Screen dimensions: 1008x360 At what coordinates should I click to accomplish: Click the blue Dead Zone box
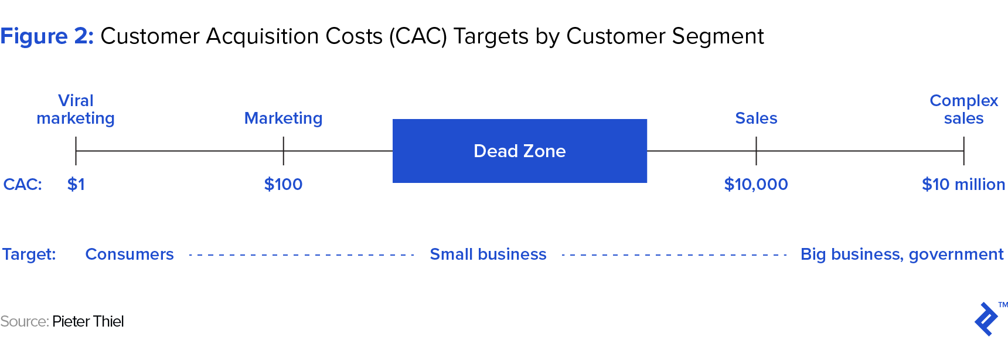click(x=519, y=151)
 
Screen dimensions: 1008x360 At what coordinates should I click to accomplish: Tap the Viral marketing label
click(x=76, y=110)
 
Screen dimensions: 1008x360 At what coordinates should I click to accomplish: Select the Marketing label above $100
click(x=283, y=118)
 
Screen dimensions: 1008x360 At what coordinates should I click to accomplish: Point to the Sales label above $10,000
click(x=756, y=118)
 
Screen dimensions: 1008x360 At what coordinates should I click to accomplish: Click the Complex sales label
click(x=963, y=110)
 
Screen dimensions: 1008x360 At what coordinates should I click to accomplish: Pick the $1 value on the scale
click(x=76, y=184)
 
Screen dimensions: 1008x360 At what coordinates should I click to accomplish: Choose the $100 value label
click(x=283, y=184)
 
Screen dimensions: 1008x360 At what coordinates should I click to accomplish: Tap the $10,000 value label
click(x=756, y=184)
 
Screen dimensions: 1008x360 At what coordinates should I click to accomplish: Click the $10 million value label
click(x=963, y=184)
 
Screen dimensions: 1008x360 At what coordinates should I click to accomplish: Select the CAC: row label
click(x=23, y=184)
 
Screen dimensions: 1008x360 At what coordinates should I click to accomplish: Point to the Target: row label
click(x=29, y=254)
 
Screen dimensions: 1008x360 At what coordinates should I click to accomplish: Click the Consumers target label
click(x=130, y=254)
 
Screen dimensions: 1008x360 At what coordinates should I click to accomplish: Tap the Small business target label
click(x=488, y=254)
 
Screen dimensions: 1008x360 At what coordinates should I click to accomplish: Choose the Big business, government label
click(x=902, y=254)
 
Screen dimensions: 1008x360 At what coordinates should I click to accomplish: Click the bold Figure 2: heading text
click(x=47, y=36)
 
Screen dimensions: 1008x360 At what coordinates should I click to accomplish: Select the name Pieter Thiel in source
click(x=88, y=321)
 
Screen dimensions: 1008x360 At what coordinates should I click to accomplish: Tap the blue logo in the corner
click(x=986, y=319)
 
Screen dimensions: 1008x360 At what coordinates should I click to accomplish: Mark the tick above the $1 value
click(x=76, y=151)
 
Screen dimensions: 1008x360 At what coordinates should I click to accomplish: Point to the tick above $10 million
click(x=963, y=151)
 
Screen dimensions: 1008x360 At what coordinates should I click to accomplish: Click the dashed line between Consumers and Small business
click(x=302, y=255)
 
